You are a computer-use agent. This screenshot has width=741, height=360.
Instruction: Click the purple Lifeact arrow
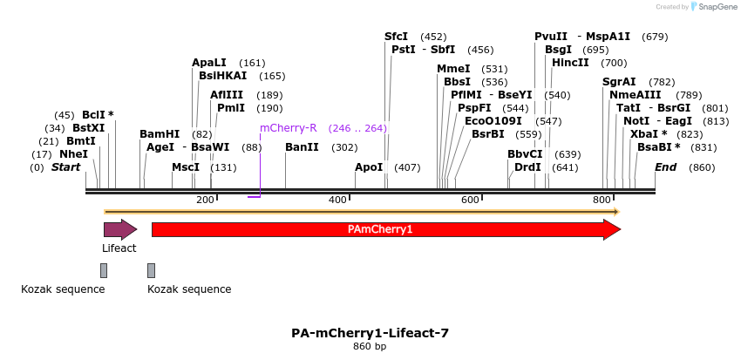coord(119,229)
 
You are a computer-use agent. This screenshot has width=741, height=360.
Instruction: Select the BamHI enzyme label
coord(160,134)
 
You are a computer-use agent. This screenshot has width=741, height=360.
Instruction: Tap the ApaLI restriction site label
coord(209,63)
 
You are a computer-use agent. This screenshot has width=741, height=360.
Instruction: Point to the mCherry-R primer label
coord(289,128)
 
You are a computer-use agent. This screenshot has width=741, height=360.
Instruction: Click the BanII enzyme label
coord(302,147)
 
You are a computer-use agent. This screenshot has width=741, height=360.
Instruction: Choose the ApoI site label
coord(369,167)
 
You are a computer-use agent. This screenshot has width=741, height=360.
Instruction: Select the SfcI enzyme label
coord(396,37)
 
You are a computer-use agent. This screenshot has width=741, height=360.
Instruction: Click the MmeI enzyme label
coord(453,69)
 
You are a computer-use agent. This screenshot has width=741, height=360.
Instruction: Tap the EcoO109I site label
coord(493,121)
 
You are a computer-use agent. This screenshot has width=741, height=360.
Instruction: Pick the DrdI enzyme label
coord(527,167)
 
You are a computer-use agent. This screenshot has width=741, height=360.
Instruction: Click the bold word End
coord(665,167)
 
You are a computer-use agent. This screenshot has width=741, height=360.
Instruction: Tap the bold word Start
coord(65,167)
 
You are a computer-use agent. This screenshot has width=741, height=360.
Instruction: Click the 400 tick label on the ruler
coord(337,200)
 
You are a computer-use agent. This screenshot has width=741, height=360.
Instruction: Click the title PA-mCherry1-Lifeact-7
coord(370,333)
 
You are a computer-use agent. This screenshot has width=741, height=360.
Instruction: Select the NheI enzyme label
coord(73,154)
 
